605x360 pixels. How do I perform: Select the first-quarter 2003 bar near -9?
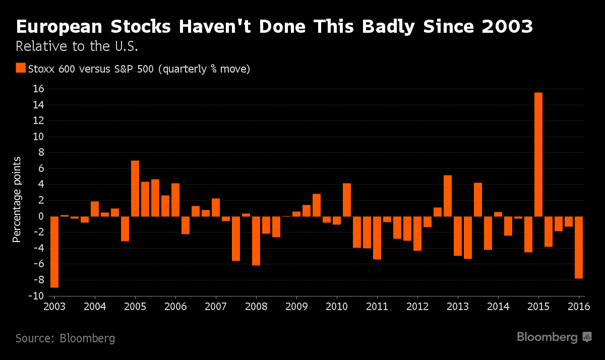click(x=54, y=252)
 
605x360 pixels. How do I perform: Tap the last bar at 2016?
click(x=579, y=247)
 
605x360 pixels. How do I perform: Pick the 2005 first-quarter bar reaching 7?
click(x=135, y=189)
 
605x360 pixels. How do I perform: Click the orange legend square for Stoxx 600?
click(x=21, y=68)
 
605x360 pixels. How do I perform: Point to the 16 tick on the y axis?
click(x=39, y=89)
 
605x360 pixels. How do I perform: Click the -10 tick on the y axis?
click(x=37, y=296)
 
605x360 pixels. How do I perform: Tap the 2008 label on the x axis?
click(x=256, y=307)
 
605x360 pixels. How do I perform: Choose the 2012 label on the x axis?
click(x=417, y=307)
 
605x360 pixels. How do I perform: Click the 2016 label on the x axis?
click(x=579, y=307)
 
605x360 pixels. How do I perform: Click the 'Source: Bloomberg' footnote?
click(x=65, y=338)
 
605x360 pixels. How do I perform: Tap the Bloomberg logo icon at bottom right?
click(x=587, y=337)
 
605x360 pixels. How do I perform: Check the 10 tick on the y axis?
click(x=39, y=137)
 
